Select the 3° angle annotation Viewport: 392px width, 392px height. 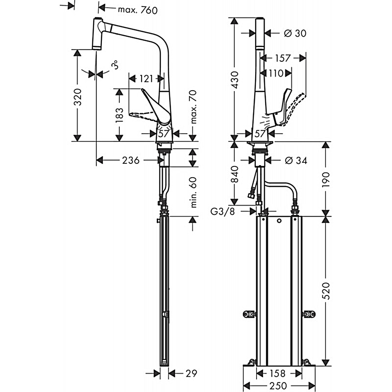[x=115, y=66]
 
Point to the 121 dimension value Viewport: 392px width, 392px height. [x=147, y=78]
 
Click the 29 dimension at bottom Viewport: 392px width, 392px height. [x=191, y=373]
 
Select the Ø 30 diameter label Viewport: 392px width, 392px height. [x=294, y=33]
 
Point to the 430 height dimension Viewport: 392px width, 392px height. [x=235, y=80]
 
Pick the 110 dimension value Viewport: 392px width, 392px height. [x=276, y=73]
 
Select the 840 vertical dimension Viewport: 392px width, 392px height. [x=235, y=174]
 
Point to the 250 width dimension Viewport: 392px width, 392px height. [x=277, y=386]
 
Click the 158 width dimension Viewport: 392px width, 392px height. [x=279, y=373]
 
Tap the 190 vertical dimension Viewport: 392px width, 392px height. [x=327, y=178]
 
